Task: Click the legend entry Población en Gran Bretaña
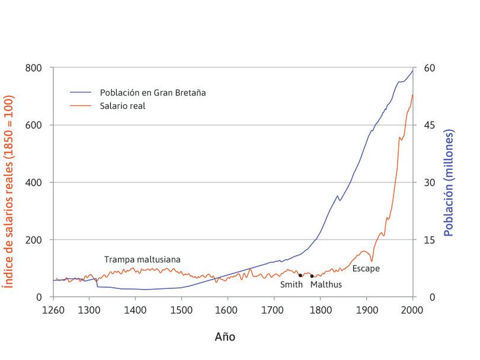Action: coord(152,93)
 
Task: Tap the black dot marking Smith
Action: coord(300,275)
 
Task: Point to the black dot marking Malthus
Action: coord(312,277)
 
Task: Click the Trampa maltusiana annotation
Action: coord(142,259)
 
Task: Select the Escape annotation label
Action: coord(366,268)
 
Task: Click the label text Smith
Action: coord(292,285)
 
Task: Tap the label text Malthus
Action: coord(326,285)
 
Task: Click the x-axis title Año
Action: coord(225,336)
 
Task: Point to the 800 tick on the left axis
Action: coord(34,68)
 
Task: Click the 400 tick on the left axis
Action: coord(34,182)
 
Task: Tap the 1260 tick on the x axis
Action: coord(53,309)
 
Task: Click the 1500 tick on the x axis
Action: coord(181,309)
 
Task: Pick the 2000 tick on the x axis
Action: coord(412,309)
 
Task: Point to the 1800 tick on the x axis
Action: coord(320,309)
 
